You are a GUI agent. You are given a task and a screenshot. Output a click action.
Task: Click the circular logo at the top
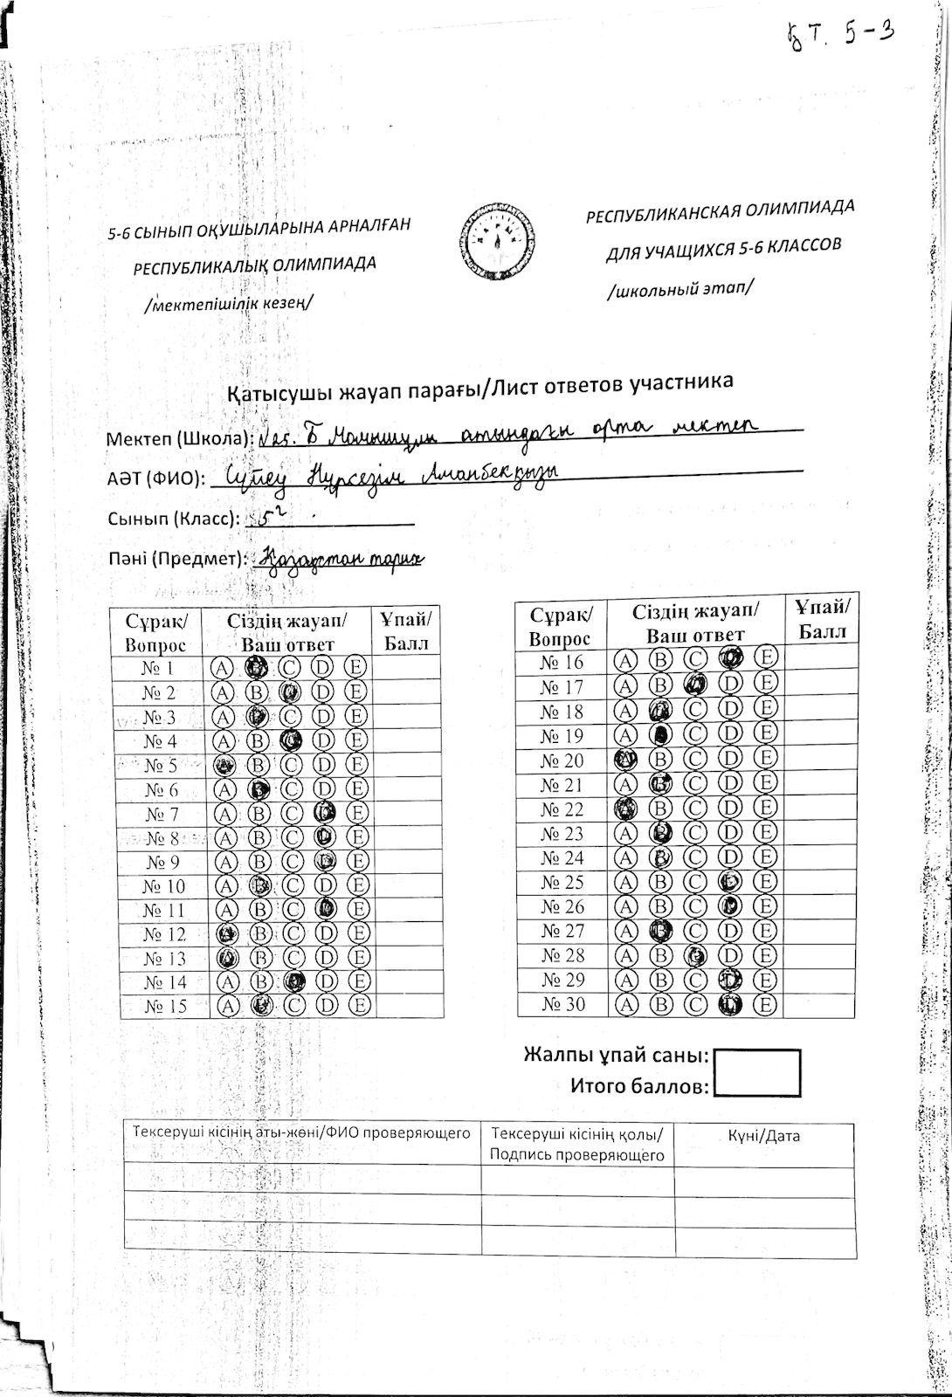click(x=495, y=243)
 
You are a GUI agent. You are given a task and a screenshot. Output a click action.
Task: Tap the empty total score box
click(x=757, y=1073)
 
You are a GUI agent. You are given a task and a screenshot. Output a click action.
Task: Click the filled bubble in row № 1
click(x=255, y=668)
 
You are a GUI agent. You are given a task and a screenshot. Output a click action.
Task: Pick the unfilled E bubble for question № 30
click(x=766, y=1005)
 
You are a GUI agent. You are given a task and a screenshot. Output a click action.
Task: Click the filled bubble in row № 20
click(x=625, y=760)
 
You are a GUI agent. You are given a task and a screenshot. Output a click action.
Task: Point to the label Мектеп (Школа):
click(x=179, y=438)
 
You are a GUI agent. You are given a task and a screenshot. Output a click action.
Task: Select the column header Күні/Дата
click(x=763, y=1136)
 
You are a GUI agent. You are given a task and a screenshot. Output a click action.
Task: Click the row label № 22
click(x=562, y=809)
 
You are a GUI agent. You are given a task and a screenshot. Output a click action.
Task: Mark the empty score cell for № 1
click(x=407, y=668)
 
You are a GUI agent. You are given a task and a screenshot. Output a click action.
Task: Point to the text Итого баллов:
click(x=639, y=1087)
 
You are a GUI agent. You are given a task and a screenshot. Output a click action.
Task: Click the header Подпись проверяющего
click(x=577, y=1155)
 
